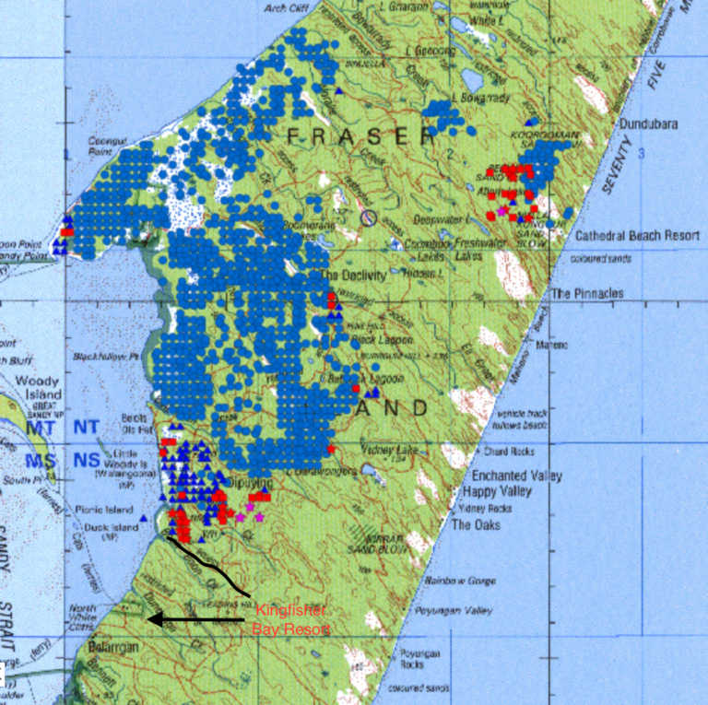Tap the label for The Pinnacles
pyautogui.click(x=587, y=294)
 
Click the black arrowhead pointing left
pyautogui.click(x=154, y=620)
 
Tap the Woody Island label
pyautogui.click(x=37, y=388)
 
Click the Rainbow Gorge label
pyautogui.click(x=467, y=582)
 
